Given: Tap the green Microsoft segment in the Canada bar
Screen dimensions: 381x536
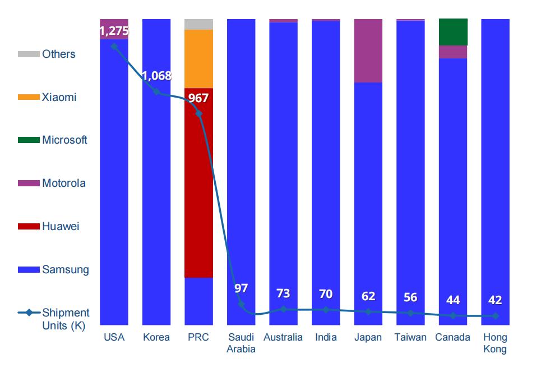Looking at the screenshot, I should (x=453, y=32).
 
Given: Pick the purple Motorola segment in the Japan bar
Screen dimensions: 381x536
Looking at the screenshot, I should (x=368, y=51).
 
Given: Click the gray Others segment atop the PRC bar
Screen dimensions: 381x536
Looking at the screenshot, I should (x=198, y=24).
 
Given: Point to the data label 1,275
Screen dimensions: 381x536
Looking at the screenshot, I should (x=114, y=31).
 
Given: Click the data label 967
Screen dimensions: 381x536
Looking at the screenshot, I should (x=198, y=98).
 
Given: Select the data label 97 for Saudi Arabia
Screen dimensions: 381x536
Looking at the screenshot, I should (x=241, y=288).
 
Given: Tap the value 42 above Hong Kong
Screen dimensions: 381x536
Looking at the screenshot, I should (x=495, y=300).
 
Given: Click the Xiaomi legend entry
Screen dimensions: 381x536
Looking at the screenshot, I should (x=59, y=97).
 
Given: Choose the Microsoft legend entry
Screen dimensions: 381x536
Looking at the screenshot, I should (x=64, y=140).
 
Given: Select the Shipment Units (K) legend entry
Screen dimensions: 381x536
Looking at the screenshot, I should (x=65, y=319).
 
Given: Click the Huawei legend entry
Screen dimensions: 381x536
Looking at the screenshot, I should (x=61, y=227).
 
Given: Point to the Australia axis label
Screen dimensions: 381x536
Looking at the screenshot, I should (x=283, y=337).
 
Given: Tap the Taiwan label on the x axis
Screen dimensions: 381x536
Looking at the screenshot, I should (x=410, y=337).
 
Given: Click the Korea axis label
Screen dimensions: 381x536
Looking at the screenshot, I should (x=156, y=337).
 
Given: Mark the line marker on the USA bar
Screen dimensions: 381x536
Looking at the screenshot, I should (x=114, y=47).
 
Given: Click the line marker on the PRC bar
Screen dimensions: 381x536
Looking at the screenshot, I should (x=198, y=113).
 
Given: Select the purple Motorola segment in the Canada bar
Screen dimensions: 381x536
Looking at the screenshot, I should (x=453, y=52).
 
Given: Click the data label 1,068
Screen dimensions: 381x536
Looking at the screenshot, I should (x=156, y=76).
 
